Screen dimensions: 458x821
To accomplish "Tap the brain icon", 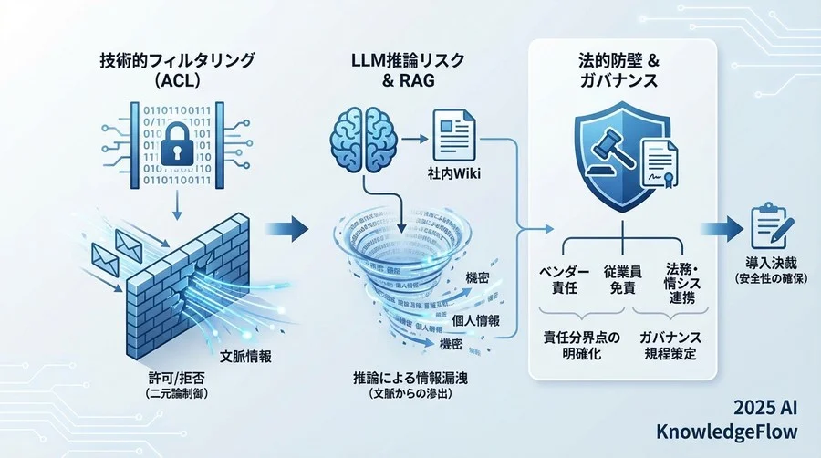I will [362, 140].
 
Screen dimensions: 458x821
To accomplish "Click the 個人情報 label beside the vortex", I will [474, 321].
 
